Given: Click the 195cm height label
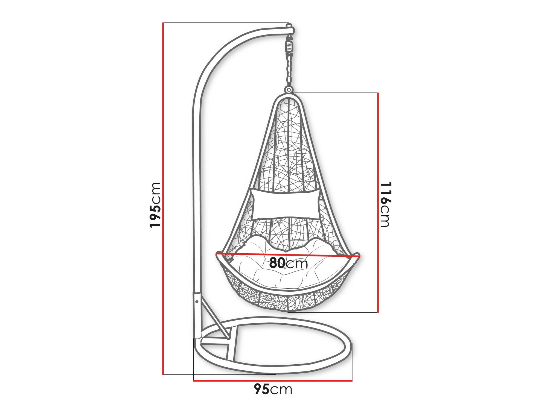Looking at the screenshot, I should [155, 205].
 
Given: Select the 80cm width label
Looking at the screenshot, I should [289, 263].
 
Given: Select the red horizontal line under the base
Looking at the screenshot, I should [273, 380].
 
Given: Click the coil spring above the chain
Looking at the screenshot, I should [289, 47].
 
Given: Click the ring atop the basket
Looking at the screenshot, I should [288, 90].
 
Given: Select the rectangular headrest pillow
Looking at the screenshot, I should [285, 204].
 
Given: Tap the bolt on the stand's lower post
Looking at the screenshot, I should [197, 302].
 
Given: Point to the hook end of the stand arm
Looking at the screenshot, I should [290, 29].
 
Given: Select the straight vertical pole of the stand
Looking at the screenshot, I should [197, 191].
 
